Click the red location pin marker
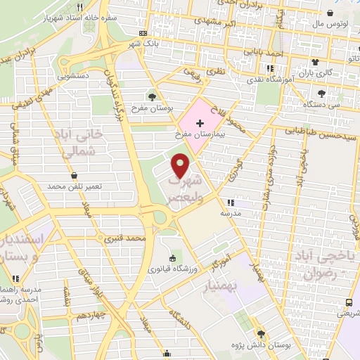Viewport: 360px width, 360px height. click(x=181, y=165)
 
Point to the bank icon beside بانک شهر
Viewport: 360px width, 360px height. click(x=143, y=33)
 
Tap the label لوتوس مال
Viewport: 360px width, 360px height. click(x=327, y=23)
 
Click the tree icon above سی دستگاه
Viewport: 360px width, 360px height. click(x=321, y=93)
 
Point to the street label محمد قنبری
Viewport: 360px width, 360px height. click(x=124, y=239)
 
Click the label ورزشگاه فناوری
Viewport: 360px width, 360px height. click(x=168, y=269)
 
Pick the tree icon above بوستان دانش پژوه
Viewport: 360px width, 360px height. click(x=262, y=334)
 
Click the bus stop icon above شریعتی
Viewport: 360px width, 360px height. click(x=350, y=302)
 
